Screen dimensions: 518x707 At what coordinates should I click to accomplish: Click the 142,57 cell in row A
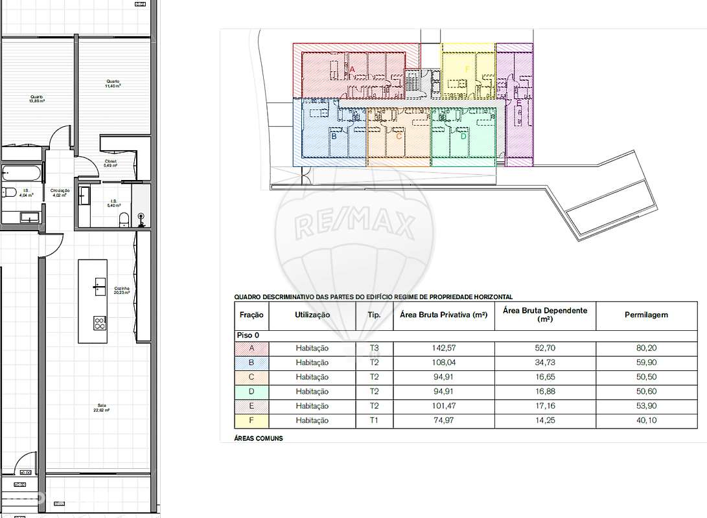click(443, 348)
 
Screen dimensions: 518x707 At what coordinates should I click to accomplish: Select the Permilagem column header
click(646, 315)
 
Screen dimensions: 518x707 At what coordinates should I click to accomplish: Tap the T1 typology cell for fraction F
click(375, 420)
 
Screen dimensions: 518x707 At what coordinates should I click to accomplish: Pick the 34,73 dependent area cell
click(544, 363)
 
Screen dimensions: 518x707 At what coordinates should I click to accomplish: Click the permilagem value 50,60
click(646, 391)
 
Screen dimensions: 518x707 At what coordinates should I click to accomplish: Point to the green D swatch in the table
click(251, 391)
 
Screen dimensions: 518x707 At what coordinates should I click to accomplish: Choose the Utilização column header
click(312, 315)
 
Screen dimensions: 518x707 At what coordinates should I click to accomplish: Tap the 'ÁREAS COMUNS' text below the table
click(259, 438)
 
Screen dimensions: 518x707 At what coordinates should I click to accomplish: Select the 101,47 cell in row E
click(443, 406)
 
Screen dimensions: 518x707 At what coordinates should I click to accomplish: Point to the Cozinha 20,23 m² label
click(122, 290)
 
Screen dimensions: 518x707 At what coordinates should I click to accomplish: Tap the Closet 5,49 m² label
click(111, 163)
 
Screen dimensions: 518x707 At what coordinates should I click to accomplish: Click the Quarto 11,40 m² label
click(114, 84)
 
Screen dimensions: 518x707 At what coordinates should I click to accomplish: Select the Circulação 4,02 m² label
click(60, 192)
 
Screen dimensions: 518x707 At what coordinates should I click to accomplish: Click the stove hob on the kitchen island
click(99, 321)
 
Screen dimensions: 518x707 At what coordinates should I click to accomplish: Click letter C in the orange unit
click(399, 135)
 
